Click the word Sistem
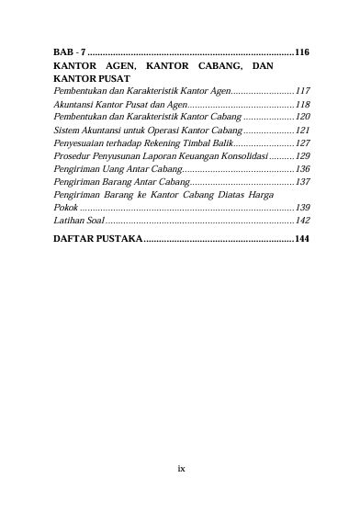tap(67, 131)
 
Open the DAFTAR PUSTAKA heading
tap(109, 239)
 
